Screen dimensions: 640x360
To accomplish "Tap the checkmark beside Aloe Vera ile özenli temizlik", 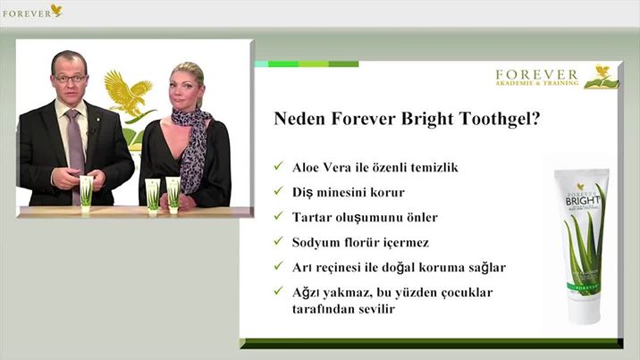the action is (x=279, y=166).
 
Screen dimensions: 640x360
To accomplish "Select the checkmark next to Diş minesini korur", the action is (x=279, y=191).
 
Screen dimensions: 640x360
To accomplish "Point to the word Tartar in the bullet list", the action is (x=311, y=217).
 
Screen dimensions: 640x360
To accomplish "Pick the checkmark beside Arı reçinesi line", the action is (x=279, y=266).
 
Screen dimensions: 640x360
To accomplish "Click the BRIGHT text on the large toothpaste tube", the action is (x=583, y=201).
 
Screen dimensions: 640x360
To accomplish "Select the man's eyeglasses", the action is (x=70, y=79).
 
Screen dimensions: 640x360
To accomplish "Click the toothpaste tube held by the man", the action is (x=86, y=194).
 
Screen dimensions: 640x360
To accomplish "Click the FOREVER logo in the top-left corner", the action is (x=32, y=12).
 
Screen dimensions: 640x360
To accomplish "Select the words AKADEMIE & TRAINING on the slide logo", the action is (x=536, y=83).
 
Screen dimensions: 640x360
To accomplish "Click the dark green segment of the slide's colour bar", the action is (x=343, y=64).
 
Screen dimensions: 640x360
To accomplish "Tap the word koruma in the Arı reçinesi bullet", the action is (x=436, y=268).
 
